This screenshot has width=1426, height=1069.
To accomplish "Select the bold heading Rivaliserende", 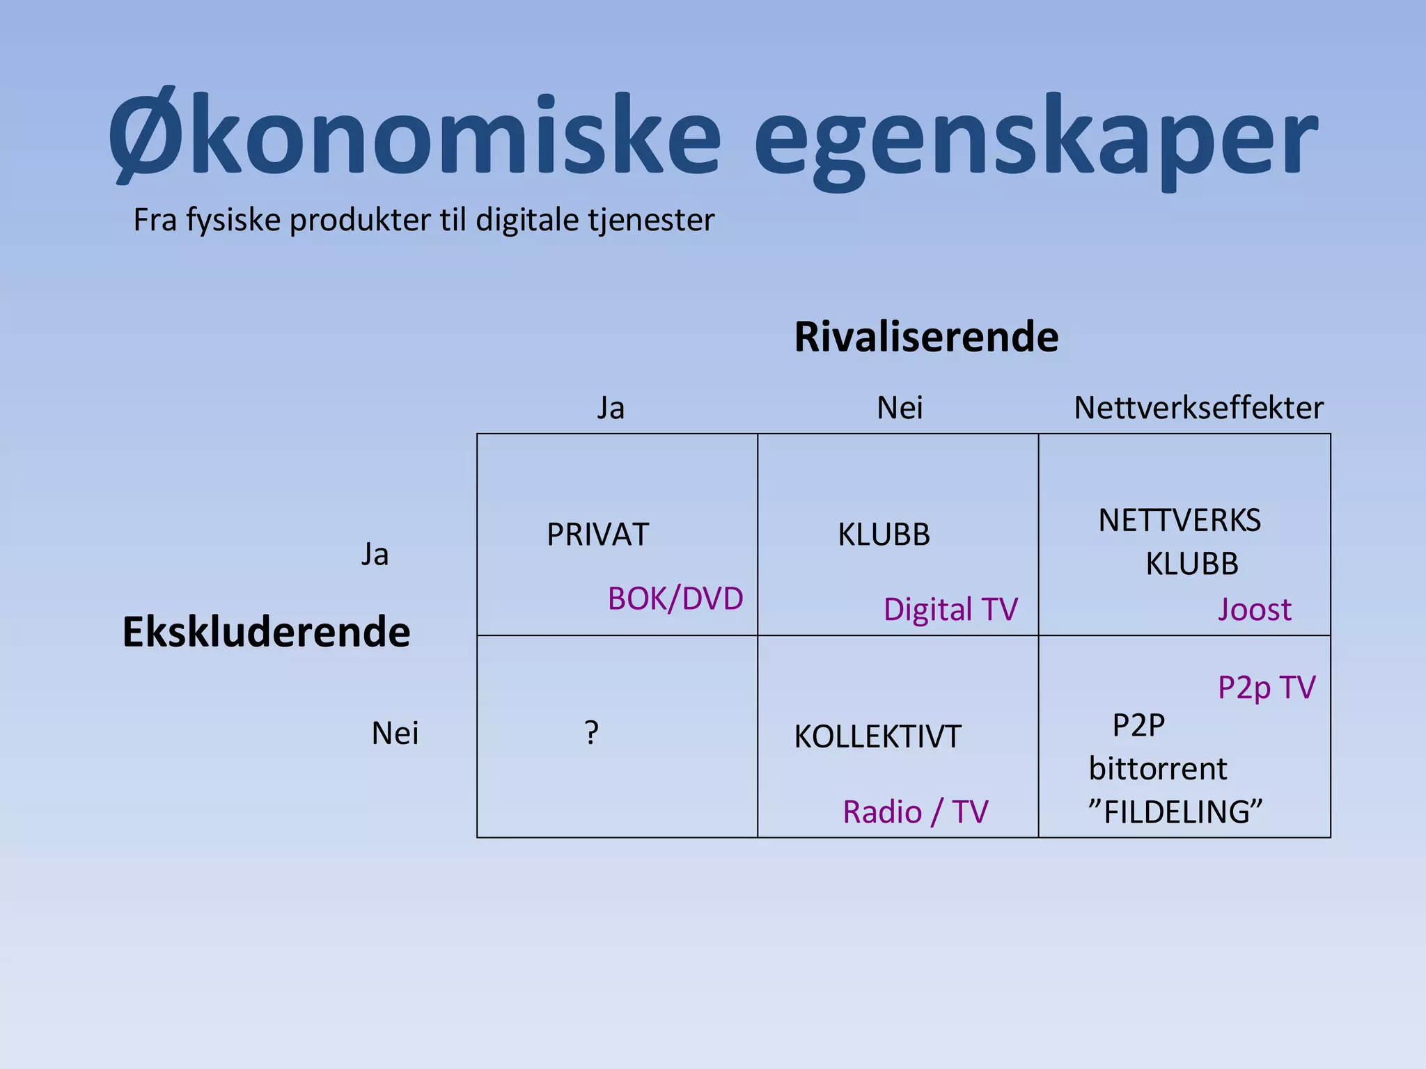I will coord(926,337).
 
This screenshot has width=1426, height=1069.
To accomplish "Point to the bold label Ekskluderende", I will coord(266,632).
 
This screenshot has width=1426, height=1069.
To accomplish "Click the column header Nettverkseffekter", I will coord(1198,408).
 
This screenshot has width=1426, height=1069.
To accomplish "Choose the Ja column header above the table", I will coord(611,408).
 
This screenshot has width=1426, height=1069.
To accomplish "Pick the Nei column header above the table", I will coord(900,408).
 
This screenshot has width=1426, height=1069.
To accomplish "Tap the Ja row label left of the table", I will coord(375,555).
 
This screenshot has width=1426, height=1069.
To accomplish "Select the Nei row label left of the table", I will coord(395,734).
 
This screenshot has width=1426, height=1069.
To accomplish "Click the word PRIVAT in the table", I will coord(597,534).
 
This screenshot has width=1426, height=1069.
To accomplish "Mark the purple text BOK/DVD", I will coord(675,599).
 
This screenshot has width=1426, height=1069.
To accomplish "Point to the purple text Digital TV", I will coord(950,610).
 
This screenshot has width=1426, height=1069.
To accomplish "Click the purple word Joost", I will coord(1255,610).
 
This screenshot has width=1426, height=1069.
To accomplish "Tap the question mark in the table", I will coord(591,733).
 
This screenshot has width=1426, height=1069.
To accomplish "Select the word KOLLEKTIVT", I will coord(877,737).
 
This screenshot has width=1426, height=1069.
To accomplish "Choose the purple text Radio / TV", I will coord(915,812).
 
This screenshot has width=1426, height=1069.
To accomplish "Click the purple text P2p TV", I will coord(1267,688).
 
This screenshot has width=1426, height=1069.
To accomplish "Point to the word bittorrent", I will coord(1158,769).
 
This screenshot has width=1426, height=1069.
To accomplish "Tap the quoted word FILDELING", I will coord(1175,812).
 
